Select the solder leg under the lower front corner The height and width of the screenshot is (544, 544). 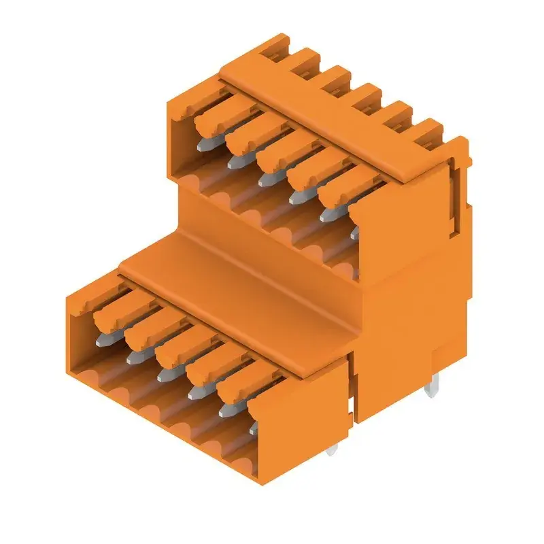pyautogui.click(x=331, y=449)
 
